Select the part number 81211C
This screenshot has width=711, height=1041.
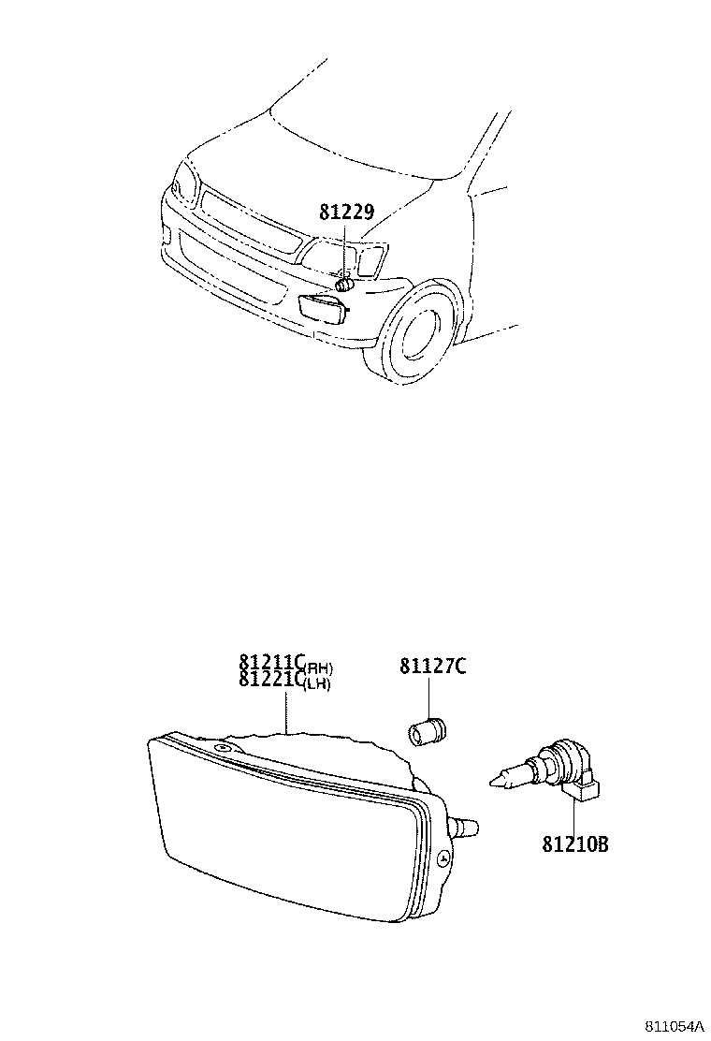point(270,667)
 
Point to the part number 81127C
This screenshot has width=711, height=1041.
point(433,667)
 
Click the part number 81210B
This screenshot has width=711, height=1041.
point(575,844)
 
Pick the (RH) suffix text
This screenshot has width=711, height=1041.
point(319,668)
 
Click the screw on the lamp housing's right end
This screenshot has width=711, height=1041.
point(444,857)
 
